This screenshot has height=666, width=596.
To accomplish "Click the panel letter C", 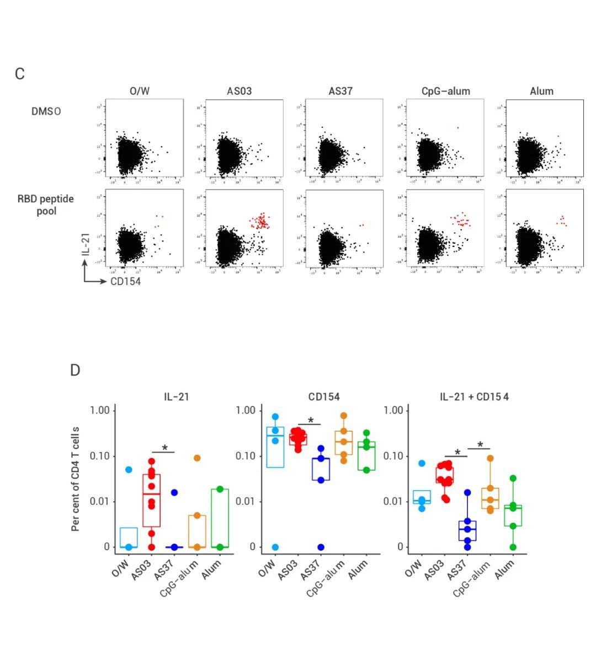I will [x=20, y=74].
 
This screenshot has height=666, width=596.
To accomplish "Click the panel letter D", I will [x=75, y=370].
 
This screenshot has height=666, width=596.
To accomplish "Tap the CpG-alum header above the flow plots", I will [x=445, y=91].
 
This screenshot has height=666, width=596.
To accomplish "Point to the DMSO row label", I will [x=46, y=111].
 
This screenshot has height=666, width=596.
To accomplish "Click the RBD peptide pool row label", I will [x=46, y=205].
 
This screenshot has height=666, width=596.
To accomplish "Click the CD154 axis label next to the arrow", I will [x=125, y=282].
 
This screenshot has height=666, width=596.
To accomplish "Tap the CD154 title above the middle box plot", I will [x=324, y=396].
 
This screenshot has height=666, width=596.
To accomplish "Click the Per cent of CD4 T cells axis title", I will [x=76, y=479].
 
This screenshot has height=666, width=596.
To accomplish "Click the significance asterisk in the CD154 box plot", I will [x=310, y=421].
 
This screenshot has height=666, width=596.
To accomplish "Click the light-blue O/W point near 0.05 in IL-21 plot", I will [x=129, y=470].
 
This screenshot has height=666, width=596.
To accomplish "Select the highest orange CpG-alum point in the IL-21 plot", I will [x=197, y=458].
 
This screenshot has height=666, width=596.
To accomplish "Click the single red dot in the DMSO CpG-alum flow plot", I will [x=457, y=128].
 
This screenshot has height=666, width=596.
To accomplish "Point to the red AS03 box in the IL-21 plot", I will [x=152, y=500].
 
